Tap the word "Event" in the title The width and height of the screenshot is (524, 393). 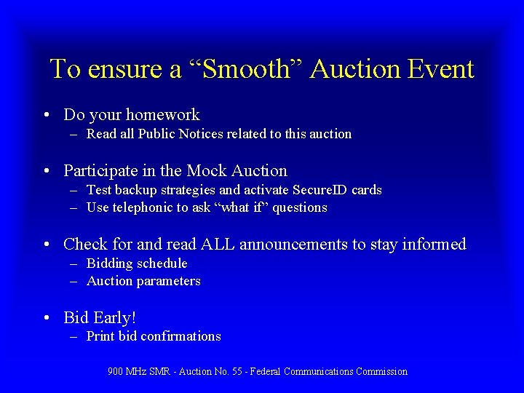tap(441, 69)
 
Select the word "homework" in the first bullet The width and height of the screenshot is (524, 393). tap(162, 115)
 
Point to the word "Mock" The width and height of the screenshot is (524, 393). tap(207, 171)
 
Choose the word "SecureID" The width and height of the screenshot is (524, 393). tap(323, 190)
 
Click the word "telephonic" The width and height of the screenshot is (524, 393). tap(142, 207)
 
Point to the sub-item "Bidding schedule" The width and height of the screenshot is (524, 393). tap(137, 263)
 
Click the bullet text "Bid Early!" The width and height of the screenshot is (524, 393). tap(100, 318)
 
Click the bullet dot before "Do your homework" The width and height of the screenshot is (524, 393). tap(47, 115)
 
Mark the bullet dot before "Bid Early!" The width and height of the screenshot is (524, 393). tap(47, 318)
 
